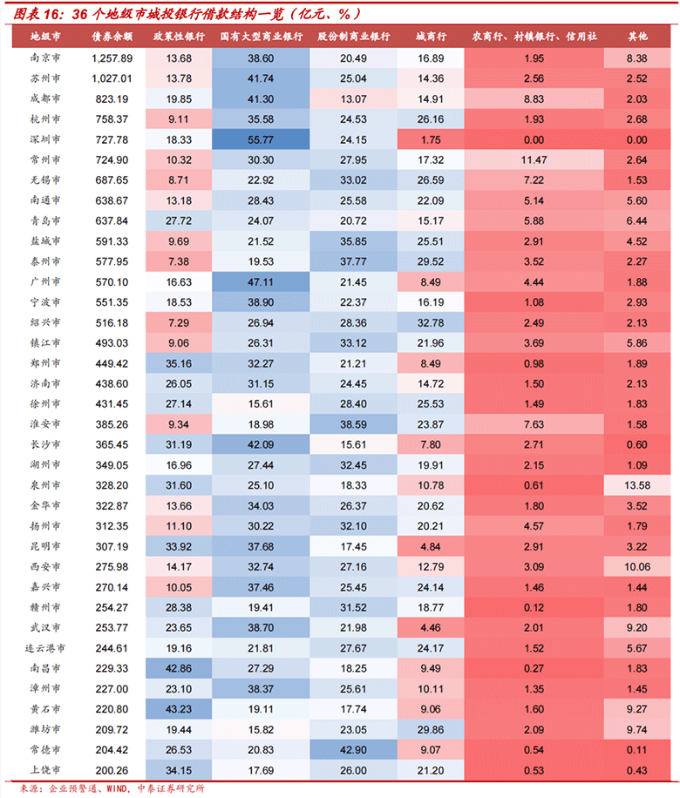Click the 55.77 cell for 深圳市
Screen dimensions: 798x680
pyautogui.click(x=261, y=139)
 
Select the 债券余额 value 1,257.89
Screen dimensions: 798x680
pyautogui.click(x=112, y=58)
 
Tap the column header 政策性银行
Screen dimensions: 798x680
pyautogui.click(x=179, y=37)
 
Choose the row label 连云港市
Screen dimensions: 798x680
pyautogui.click(x=44, y=648)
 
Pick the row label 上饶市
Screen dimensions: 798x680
pyautogui.click(x=44, y=770)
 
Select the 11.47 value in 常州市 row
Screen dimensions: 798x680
pyautogui.click(x=534, y=160)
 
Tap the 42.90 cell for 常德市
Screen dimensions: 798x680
pyautogui.click(x=353, y=750)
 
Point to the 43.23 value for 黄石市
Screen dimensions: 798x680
pyautogui.click(x=179, y=709)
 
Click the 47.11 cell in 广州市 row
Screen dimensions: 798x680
pyautogui.click(x=261, y=282)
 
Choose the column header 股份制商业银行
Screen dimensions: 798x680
pyautogui.click(x=353, y=37)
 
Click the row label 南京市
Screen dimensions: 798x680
pyautogui.click(x=44, y=58)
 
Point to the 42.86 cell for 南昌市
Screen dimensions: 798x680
pyautogui.click(x=179, y=669)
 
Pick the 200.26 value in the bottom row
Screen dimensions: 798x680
pyautogui.click(x=112, y=770)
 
